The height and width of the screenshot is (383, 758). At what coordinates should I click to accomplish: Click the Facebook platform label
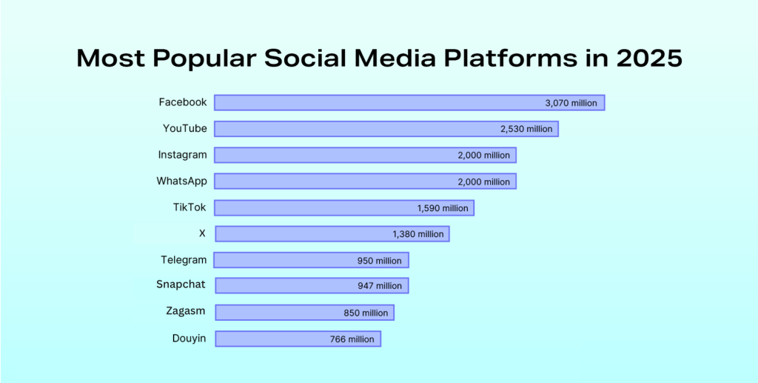coord(183,102)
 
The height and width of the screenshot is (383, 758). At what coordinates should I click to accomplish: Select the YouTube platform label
coord(184,129)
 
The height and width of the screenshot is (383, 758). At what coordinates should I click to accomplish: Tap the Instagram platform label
coord(182,156)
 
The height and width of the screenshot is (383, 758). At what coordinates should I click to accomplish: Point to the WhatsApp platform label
coord(182,181)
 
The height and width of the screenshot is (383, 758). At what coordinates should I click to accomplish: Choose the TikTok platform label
coord(189,207)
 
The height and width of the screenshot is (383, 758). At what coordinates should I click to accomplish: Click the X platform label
coord(202,233)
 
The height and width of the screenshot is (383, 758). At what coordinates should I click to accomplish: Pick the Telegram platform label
coord(184,260)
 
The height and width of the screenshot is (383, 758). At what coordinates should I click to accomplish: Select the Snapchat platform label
coord(181,284)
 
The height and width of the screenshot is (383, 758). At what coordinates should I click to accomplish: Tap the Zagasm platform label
coord(185,311)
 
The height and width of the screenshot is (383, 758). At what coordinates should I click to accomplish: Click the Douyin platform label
coord(189,339)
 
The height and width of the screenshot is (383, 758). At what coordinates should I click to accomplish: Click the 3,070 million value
coord(571,103)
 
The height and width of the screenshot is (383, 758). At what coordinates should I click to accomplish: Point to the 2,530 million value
coord(526,129)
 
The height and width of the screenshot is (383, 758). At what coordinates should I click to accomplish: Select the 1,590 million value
coord(443,208)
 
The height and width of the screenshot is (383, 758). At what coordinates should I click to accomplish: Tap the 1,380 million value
coord(418,234)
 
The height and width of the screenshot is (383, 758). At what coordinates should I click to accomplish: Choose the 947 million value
coord(380,286)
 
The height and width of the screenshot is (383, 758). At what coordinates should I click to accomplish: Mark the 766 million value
coord(352,339)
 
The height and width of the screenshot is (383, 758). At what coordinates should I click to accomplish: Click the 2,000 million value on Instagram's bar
coord(484,156)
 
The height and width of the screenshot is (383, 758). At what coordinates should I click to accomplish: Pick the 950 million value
coord(380,261)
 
